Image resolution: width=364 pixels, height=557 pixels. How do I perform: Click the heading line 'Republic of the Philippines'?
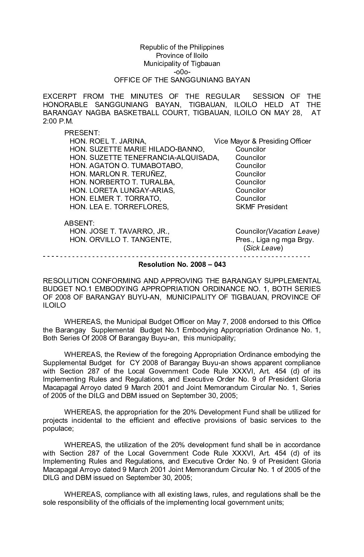pos(182,47)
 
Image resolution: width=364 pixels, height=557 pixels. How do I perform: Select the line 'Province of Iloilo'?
pos(182,56)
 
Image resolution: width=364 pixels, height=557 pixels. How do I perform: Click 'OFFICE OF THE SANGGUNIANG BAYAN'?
pos(182,80)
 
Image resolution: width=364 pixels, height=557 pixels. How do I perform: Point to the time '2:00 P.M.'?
pos(58,121)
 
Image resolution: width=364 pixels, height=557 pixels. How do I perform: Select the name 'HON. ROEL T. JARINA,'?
pos(108,141)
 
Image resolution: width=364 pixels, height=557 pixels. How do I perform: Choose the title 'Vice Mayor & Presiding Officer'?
pos(262,141)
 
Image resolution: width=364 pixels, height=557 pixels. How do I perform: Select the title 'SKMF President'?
pos(261,207)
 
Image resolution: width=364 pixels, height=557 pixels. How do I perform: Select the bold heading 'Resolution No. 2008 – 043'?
pos(182,264)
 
